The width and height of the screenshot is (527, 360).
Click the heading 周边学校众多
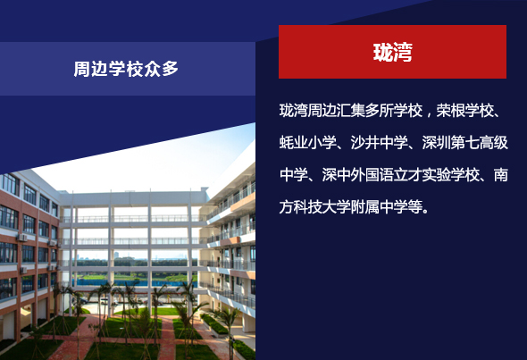(126, 69)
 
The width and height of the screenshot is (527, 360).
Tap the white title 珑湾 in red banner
(392, 52)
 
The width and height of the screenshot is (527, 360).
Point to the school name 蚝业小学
(308, 143)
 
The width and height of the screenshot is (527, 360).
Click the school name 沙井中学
(380, 143)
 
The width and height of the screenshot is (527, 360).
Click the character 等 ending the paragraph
(415, 206)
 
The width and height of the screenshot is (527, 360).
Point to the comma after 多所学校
(429, 113)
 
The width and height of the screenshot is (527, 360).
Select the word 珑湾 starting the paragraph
(294, 111)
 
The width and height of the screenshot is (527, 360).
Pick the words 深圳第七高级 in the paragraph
(465, 143)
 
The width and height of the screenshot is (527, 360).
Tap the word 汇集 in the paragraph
(350, 111)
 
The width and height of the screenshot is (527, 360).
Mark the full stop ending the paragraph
(426, 211)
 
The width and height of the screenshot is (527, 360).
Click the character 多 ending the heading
(170, 69)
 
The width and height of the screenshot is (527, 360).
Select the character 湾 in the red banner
(403, 52)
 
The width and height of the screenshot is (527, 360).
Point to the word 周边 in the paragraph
(322, 111)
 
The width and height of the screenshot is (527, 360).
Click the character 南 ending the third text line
(501, 175)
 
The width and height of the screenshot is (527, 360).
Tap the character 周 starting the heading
(81, 69)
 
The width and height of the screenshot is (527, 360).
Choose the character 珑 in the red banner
(383, 52)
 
